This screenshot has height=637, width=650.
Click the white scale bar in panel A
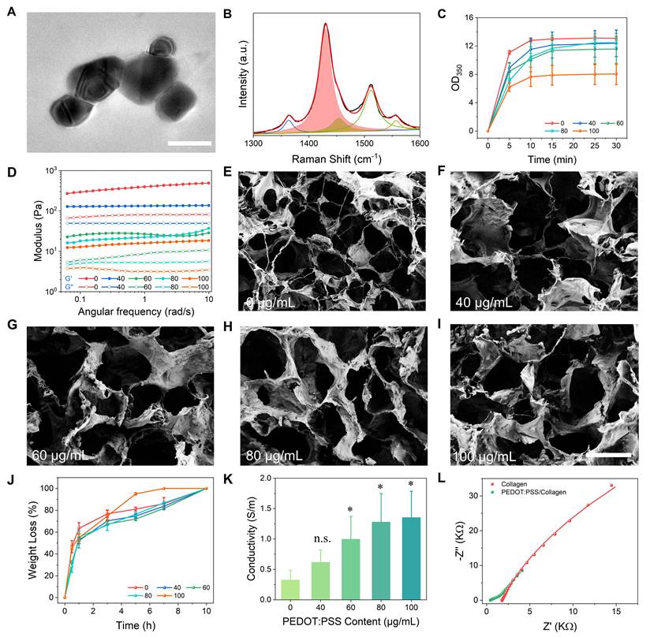click(190, 143)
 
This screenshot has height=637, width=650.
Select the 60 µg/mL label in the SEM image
click(61, 456)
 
